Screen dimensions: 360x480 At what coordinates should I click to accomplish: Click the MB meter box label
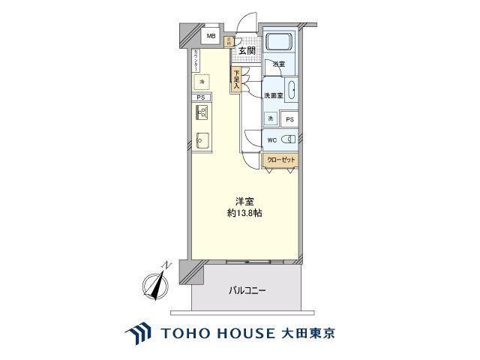(211, 36)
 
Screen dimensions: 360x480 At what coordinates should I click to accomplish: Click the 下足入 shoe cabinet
(235, 79)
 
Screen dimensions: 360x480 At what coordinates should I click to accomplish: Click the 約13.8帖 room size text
(245, 214)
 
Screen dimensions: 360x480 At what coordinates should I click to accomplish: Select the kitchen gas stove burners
(201, 113)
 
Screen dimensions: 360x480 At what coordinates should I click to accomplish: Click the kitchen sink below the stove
(201, 138)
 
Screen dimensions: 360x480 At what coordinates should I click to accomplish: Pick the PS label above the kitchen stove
(200, 97)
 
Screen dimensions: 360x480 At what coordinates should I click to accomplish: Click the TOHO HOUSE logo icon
(139, 332)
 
